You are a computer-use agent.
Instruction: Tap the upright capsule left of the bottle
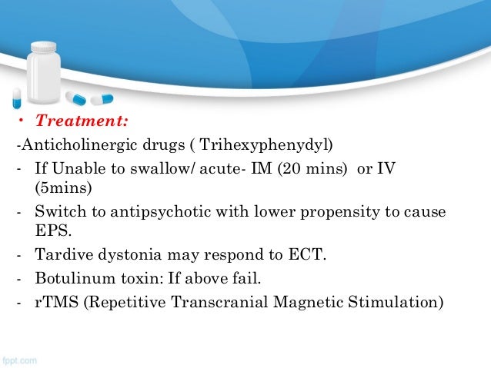pyautogui.click(x=17, y=97)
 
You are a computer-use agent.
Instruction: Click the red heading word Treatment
pyautogui.click(x=82, y=121)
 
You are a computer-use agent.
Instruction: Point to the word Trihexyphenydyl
pyautogui.click(x=269, y=146)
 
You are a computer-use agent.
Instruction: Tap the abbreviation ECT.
pyautogui.click(x=306, y=255)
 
